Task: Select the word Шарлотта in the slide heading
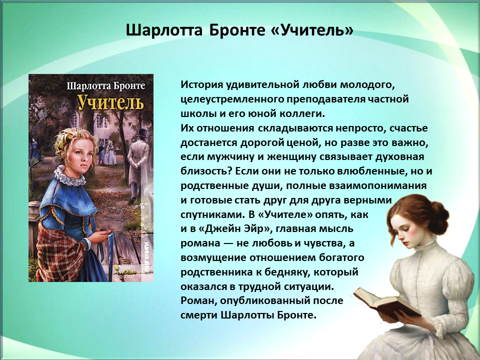pos(164,31)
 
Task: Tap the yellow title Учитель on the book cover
pos(110,102)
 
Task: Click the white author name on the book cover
pos(105,85)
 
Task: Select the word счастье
pos(408,128)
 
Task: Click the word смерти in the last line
pos(199,315)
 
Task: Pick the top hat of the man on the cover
pos(141,133)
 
